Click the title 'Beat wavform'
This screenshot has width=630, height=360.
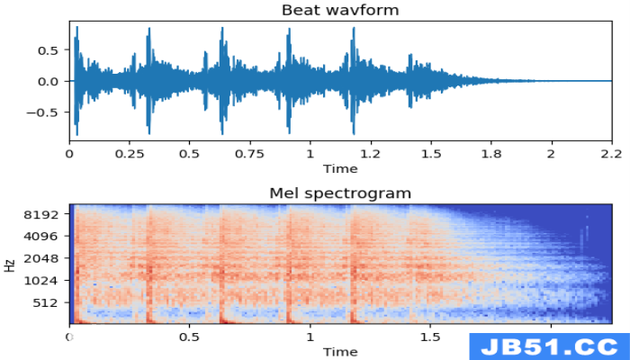tap(340, 10)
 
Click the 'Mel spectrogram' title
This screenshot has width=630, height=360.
tap(340, 193)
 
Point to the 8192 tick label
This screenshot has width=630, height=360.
tap(40, 214)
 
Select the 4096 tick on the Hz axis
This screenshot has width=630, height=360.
tap(40, 236)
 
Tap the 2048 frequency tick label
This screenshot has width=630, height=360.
tap(40, 258)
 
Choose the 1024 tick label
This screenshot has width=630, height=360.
tap(40, 281)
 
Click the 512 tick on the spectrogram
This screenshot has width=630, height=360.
tap(45, 302)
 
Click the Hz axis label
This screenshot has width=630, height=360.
tap(10, 265)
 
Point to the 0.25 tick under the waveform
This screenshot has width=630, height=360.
tap(129, 154)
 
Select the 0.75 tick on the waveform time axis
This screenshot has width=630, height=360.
tap(250, 154)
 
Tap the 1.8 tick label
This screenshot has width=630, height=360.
tap(491, 154)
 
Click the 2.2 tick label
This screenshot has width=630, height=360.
tap(611, 154)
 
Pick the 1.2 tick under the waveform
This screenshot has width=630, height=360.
tap(371, 154)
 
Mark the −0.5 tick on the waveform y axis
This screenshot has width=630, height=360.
tap(41, 112)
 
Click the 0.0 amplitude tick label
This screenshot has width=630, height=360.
tap(48, 82)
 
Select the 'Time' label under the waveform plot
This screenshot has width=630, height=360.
tap(340, 169)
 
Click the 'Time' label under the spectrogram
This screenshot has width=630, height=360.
tap(340, 352)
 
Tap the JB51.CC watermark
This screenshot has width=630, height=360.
tap(549, 346)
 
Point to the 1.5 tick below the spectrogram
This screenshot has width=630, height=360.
tap(430, 337)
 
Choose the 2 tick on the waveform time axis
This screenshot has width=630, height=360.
tap(551, 154)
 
